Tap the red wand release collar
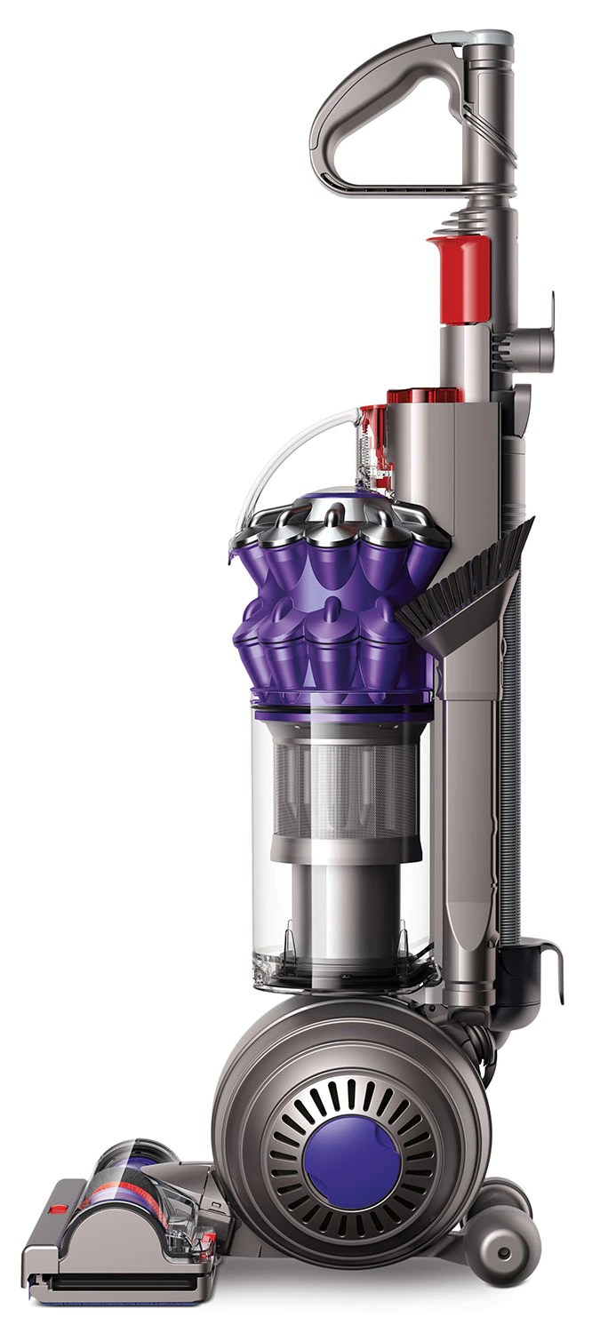(459, 279)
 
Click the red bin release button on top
(423, 396)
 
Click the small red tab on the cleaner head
(59, 1209)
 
